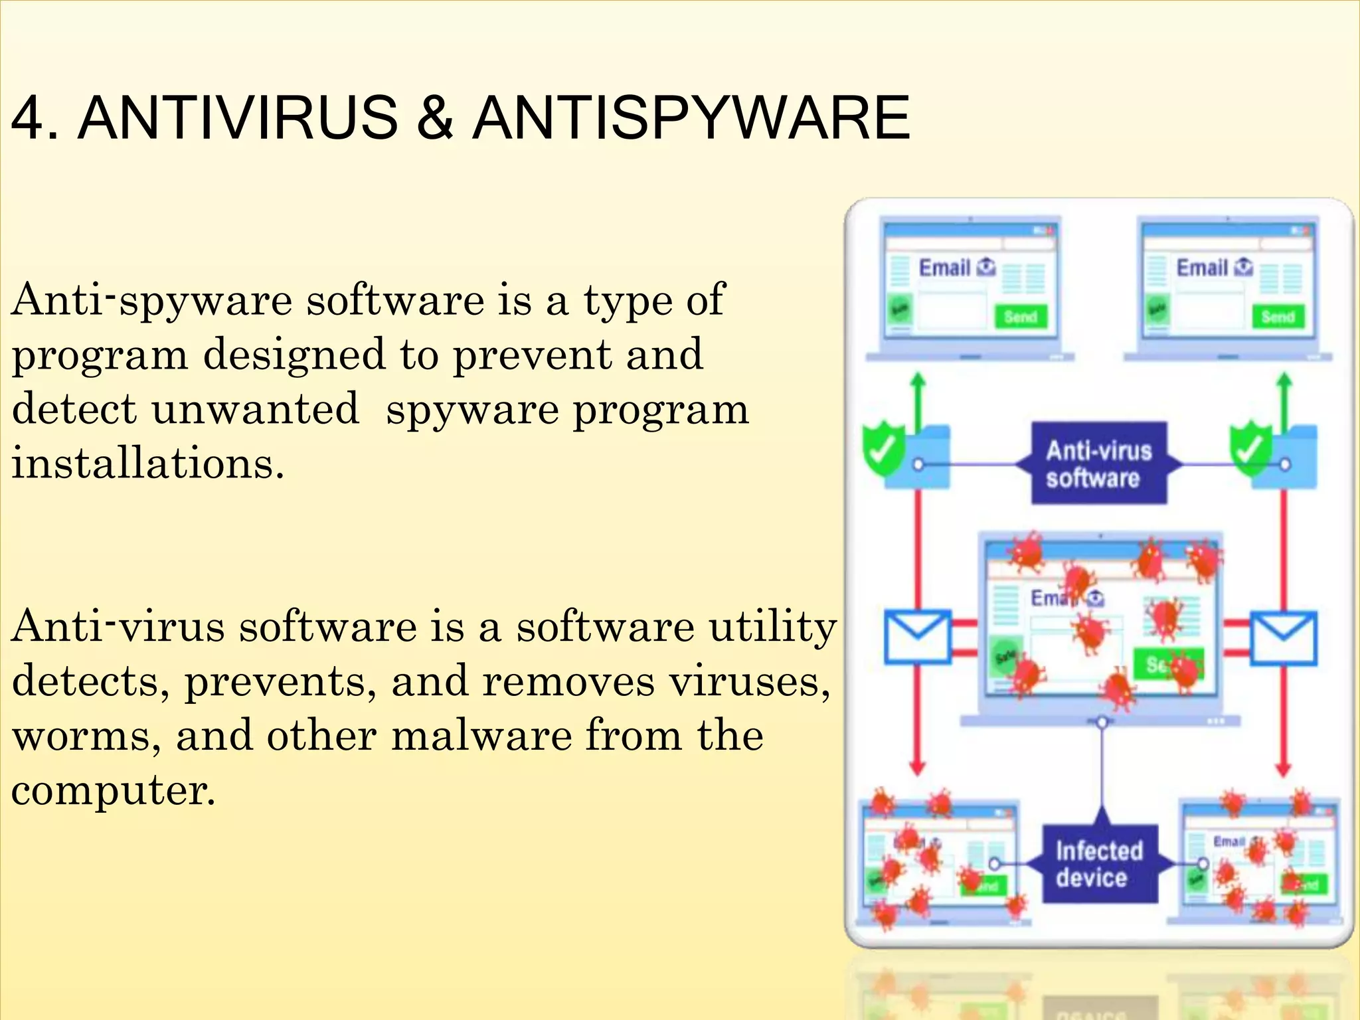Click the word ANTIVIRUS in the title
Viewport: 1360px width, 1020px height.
tap(238, 118)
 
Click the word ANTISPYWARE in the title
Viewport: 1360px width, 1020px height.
tap(691, 118)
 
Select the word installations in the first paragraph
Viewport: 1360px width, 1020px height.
tap(147, 463)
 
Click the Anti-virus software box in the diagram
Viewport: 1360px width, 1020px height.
tap(1099, 464)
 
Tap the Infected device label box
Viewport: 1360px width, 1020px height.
tap(1099, 864)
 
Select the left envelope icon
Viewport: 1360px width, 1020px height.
tap(917, 637)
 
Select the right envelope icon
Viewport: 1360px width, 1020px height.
tap(1283, 638)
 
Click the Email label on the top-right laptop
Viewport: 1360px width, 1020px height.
tap(1202, 268)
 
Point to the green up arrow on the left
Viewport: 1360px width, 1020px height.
tap(918, 398)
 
